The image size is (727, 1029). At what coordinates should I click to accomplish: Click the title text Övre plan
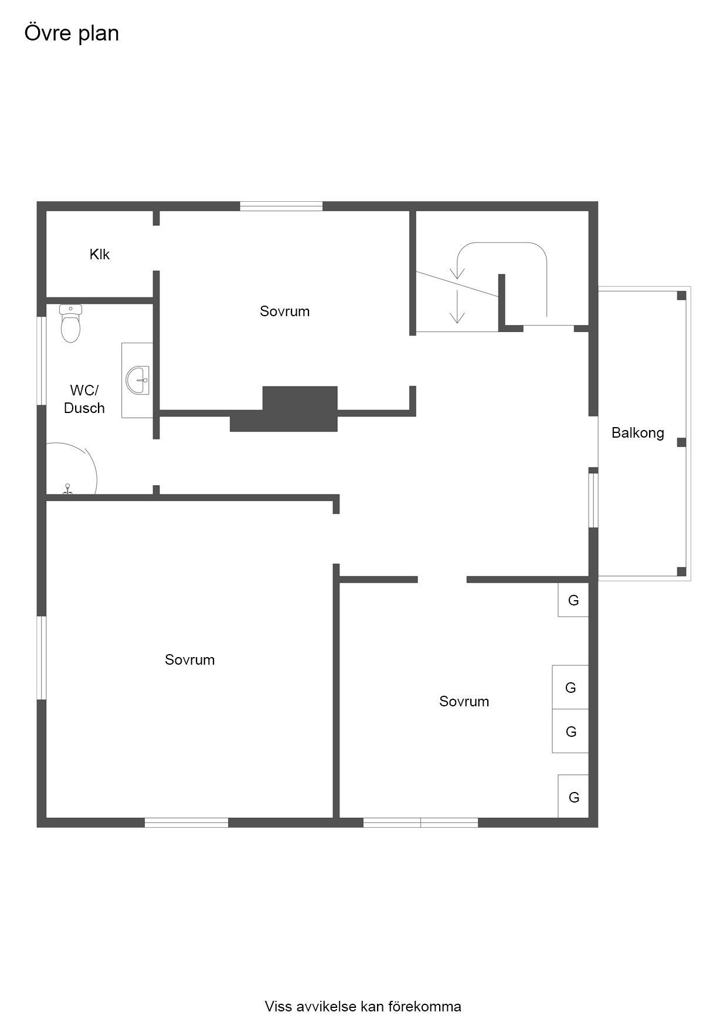[x=72, y=33]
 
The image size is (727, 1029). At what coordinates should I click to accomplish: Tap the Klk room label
[x=100, y=254]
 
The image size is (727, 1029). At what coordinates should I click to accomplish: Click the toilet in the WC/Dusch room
[x=70, y=323]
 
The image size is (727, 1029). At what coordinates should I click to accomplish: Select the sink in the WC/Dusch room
[x=137, y=380]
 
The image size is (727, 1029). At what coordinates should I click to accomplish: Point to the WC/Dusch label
[x=84, y=399]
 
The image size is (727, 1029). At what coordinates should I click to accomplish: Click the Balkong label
[x=638, y=433]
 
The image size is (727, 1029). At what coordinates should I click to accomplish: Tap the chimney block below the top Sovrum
[x=284, y=409]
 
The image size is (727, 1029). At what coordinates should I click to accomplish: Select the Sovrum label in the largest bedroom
[x=189, y=659]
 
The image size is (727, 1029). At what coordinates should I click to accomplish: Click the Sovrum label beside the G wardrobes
[x=464, y=701]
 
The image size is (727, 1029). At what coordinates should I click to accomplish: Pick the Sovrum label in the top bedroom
[x=284, y=311]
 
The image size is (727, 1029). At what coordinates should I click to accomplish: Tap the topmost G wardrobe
[x=573, y=600]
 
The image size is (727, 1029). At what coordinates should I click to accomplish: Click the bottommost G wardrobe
[x=573, y=796]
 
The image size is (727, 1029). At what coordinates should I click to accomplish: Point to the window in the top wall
[x=281, y=206]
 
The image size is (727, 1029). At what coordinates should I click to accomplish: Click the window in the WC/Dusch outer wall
[x=42, y=361]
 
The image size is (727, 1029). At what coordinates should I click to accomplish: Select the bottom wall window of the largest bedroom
[x=186, y=822]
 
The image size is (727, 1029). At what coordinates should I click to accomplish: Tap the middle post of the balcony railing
[x=681, y=442]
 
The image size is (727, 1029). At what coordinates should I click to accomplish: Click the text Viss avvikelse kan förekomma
[x=363, y=1006]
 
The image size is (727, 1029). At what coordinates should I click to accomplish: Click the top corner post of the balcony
[x=681, y=295]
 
